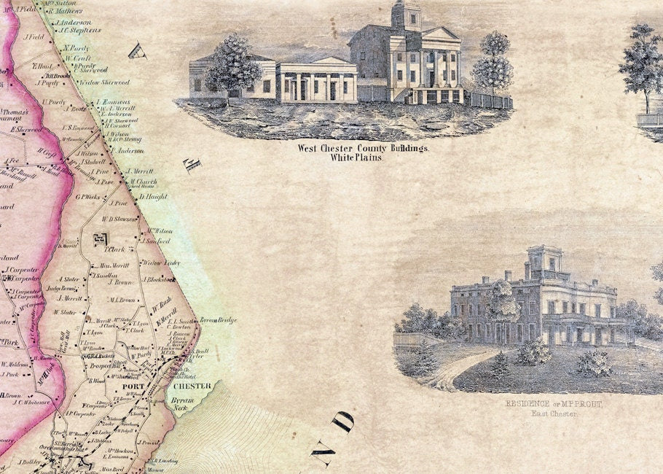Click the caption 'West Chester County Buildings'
click(364, 148)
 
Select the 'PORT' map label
click(135, 386)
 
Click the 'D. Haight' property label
click(152, 196)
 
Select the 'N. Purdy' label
click(75, 48)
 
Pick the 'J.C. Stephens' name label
click(79, 31)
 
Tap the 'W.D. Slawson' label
click(119, 218)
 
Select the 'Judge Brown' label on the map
click(61, 288)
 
